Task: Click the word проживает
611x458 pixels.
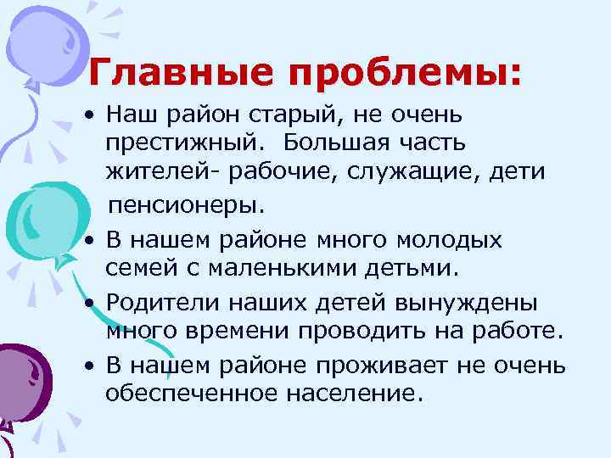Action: click(x=402, y=366)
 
